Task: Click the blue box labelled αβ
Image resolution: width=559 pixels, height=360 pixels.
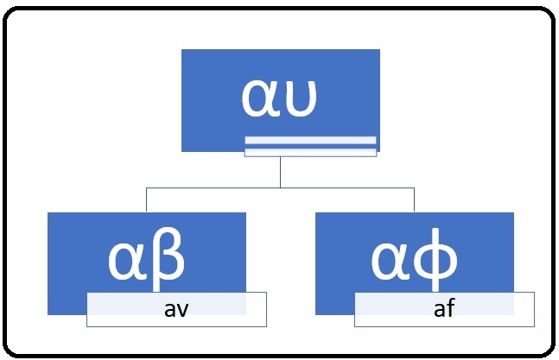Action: [147, 250]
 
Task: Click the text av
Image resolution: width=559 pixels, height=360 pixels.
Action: [176, 308]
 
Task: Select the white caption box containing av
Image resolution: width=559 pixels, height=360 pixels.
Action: [176, 309]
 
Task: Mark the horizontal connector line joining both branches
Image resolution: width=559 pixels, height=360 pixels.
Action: [346, 186]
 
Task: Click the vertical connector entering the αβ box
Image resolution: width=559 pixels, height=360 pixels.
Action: [146, 199]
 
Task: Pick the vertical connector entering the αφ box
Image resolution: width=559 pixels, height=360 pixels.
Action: [415, 199]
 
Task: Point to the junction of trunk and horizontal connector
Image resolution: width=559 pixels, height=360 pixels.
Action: [281, 186]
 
